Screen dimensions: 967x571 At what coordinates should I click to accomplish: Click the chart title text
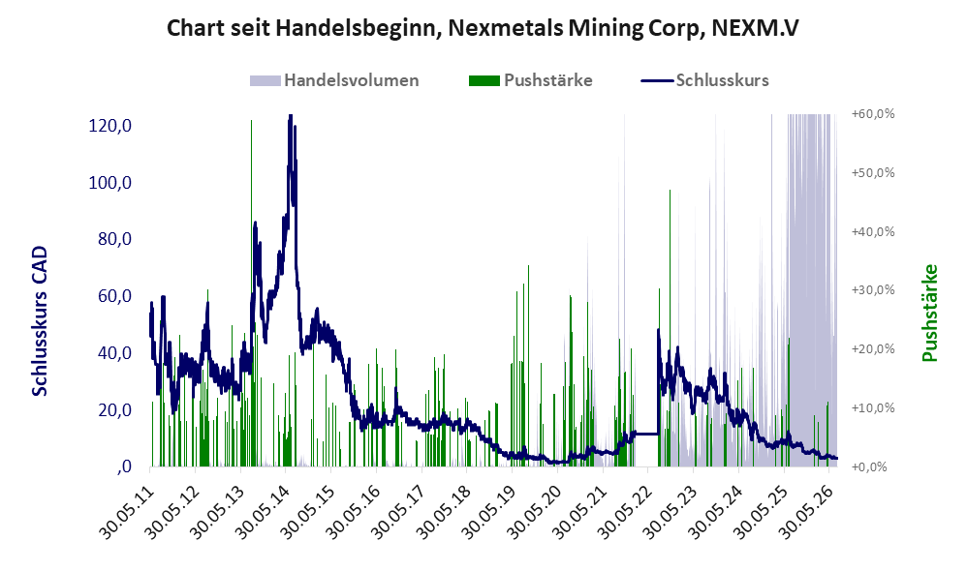point(483,28)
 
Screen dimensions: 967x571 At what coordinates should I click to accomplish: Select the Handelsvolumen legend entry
point(334,80)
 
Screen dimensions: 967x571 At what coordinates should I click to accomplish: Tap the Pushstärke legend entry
point(530,80)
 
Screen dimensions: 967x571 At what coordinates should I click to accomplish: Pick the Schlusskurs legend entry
point(704,80)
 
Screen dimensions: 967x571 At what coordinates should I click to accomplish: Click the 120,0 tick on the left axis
point(109,126)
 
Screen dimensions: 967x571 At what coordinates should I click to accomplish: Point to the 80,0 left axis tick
point(114,239)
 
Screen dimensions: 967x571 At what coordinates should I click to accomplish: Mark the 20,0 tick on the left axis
point(114,409)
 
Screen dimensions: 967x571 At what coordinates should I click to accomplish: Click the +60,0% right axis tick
point(873,114)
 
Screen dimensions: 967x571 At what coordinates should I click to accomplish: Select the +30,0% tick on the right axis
point(873,290)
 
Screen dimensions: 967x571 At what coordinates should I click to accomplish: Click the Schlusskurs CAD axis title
point(40,321)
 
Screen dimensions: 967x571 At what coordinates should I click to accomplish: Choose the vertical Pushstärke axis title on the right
point(929,313)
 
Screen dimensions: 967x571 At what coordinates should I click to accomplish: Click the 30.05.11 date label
point(125,513)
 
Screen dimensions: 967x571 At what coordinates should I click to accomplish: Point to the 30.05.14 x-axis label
point(262,513)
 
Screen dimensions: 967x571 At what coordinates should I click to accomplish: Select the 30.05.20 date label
point(533,513)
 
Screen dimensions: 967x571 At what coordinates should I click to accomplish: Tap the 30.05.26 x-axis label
point(804,513)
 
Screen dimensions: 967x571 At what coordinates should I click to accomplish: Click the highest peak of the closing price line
point(291,116)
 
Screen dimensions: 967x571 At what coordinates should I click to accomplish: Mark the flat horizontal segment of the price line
point(645,435)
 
